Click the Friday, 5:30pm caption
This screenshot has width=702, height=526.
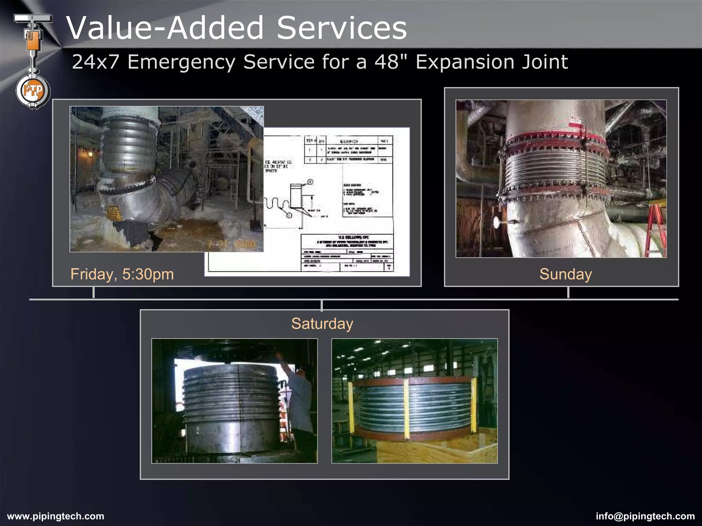pyautogui.click(x=122, y=274)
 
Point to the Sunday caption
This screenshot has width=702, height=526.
pyautogui.click(x=566, y=274)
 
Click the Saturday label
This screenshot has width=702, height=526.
pyautogui.click(x=322, y=324)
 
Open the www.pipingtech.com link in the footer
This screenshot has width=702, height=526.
pyautogui.click(x=56, y=516)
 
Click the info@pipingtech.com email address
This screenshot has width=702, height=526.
pyautogui.click(x=645, y=516)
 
